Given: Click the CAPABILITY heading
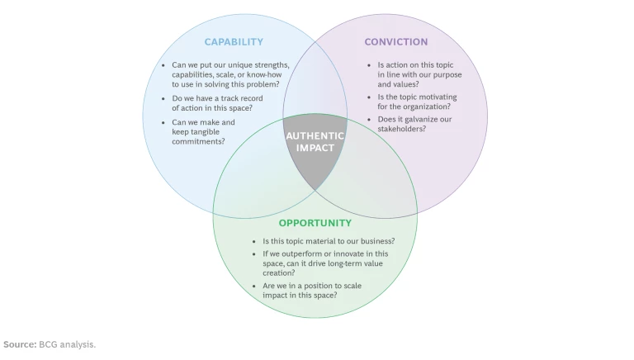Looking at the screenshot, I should [x=234, y=42].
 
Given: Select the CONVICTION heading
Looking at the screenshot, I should [x=396, y=42].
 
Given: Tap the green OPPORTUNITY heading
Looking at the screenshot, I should [x=315, y=223].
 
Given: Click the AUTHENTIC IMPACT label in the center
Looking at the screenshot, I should [x=315, y=142].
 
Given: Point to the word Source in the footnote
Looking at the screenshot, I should [x=19, y=344].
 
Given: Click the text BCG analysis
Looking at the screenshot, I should [x=67, y=344].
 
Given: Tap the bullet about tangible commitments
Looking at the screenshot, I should [x=203, y=132].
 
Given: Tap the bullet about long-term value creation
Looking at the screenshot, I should [x=325, y=263].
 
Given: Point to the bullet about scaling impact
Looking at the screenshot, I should [x=312, y=291].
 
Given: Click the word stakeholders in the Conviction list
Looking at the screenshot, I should [x=402, y=129].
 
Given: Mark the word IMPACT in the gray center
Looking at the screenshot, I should [x=315, y=149].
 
